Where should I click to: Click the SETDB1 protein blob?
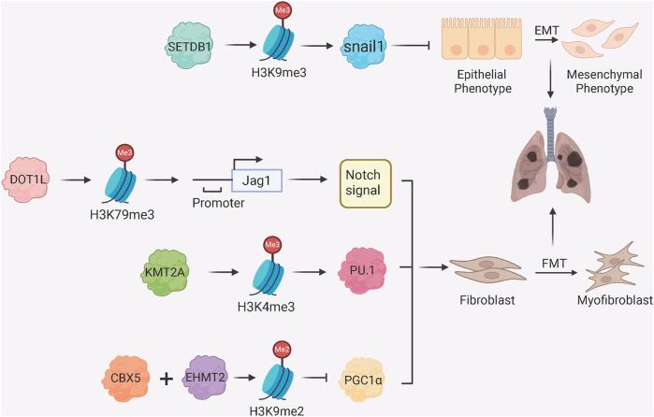(190, 46)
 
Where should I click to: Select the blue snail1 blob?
(363, 46)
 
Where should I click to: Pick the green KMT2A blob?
(165, 272)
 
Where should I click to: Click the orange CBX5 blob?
(125, 379)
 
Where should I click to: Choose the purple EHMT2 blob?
(205, 378)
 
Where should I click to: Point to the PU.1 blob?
(362, 270)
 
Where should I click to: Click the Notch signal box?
(366, 183)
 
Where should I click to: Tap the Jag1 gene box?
(256, 180)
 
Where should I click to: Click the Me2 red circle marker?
(282, 350)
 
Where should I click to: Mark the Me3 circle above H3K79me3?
(124, 153)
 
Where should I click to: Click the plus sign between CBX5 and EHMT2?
(167, 379)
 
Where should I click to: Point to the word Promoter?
(218, 203)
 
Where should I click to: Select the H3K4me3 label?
(266, 307)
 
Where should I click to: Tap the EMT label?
(546, 30)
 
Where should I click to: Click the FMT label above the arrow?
(554, 264)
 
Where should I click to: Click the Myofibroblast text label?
(615, 300)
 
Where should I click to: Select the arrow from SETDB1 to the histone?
(240, 45)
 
